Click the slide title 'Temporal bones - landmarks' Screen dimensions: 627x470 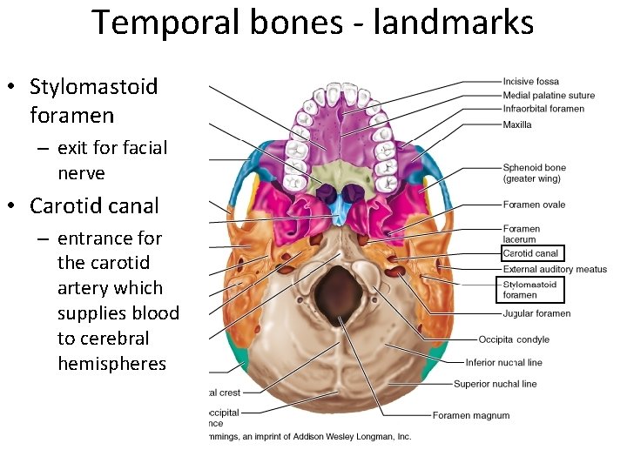point(313,23)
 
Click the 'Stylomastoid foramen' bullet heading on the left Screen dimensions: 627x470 point(93,100)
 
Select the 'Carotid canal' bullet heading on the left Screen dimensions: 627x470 point(94,206)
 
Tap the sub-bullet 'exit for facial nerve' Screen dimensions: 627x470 point(111,160)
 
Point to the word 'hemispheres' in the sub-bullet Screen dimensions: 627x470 point(111,363)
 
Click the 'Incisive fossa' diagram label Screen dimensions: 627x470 point(530,82)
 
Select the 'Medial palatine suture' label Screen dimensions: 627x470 point(549,96)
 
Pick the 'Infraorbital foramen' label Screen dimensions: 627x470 point(543,109)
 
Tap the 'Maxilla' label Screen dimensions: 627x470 point(517,124)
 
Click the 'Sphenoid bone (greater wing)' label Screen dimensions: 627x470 point(534,172)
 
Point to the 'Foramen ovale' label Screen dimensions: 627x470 point(534,205)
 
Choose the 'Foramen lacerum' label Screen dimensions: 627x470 point(522,234)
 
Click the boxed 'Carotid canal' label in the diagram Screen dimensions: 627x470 point(531,253)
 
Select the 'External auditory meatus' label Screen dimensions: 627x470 point(555,269)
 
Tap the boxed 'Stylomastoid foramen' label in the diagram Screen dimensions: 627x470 point(530,289)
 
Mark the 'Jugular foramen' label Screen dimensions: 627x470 point(536,313)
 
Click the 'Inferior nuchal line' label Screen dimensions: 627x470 point(503,362)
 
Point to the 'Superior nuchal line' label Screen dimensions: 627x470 point(495,384)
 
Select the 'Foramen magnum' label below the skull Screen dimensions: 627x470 point(471,415)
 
